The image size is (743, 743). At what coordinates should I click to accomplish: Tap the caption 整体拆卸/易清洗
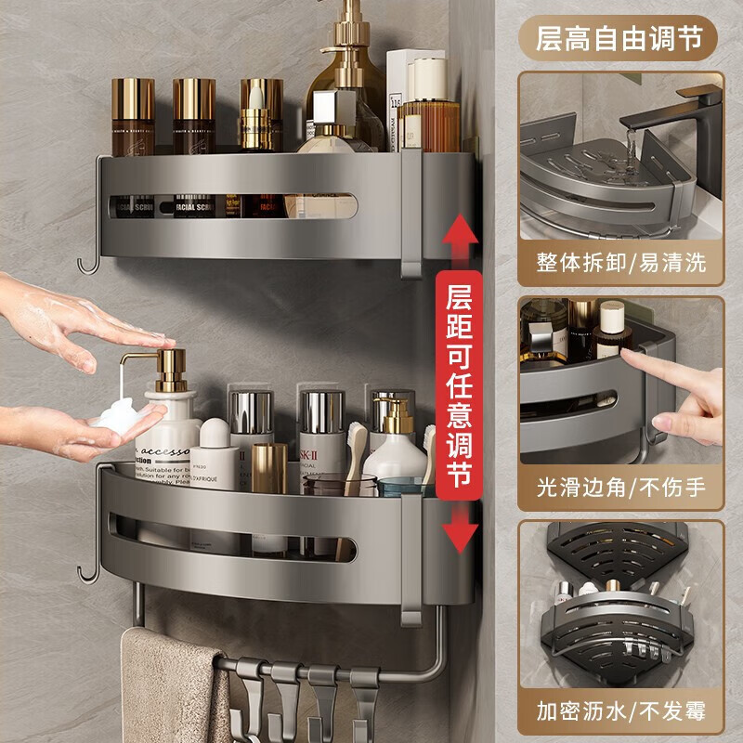tap(620, 262)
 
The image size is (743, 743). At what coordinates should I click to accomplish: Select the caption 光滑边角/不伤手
tap(620, 486)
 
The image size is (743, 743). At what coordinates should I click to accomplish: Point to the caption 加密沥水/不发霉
tap(620, 711)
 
